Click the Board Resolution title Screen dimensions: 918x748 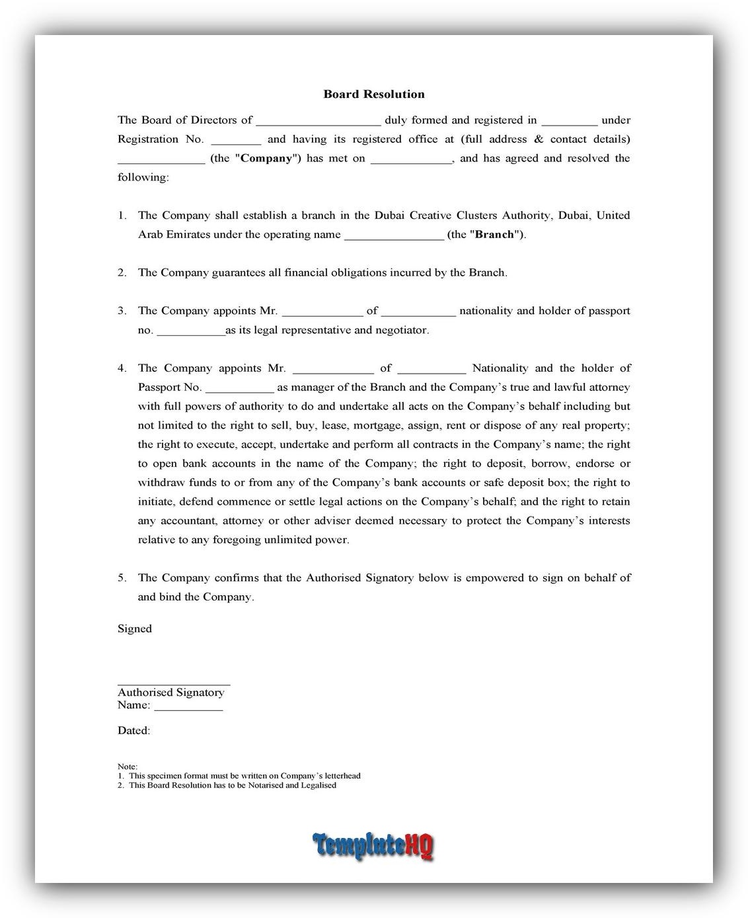(373, 94)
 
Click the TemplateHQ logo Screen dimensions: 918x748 (373, 845)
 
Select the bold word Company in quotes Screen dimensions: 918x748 (266, 158)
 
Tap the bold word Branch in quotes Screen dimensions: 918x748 (494, 234)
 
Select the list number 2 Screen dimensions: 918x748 (122, 272)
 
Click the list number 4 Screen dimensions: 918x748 (122, 368)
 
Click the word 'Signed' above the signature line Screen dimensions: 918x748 (135, 628)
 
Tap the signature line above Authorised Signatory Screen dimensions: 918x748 (174, 684)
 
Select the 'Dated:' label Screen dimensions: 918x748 (133, 730)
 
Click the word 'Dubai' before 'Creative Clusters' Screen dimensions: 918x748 (390, 215)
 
